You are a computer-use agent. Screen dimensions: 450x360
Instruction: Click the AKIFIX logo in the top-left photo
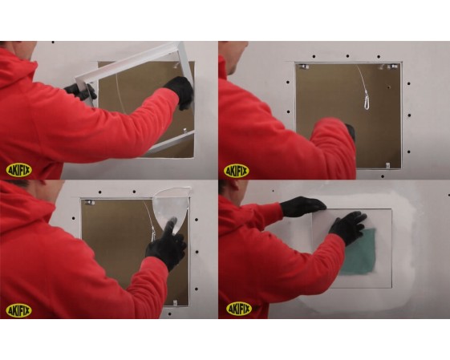[19, 171]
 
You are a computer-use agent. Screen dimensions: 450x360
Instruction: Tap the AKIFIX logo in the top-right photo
[236, 171]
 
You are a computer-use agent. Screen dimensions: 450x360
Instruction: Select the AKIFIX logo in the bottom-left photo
[19, 310]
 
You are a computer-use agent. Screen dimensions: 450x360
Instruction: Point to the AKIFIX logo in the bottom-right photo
[239, 309]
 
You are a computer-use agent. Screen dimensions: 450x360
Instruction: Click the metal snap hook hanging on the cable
[367, 100]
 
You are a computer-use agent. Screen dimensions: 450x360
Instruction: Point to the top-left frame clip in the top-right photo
[303, 67]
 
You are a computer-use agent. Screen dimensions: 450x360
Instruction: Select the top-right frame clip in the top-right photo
[392, 67]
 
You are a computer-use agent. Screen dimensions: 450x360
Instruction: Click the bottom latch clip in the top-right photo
[387, 165]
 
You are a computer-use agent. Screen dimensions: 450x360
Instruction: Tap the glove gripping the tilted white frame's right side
[180, 91]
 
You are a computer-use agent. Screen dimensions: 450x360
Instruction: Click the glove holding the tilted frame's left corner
[80, 91]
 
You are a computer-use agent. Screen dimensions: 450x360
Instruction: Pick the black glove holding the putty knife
[167, 244]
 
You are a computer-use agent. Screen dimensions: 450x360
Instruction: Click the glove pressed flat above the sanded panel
[302, 207]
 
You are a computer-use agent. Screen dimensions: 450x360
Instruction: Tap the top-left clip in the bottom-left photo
[90, 203]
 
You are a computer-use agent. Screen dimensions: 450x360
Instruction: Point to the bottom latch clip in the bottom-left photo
[175, 302]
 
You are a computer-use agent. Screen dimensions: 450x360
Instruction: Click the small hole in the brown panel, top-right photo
[388, 87]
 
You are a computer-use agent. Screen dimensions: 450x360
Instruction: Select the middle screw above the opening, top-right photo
[347, 56]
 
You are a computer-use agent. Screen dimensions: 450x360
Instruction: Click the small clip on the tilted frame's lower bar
[185, 131]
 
